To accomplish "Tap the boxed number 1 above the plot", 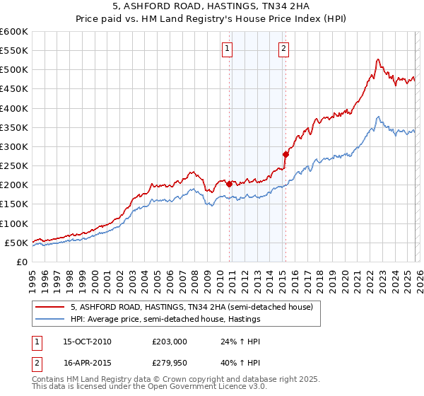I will point(228,49).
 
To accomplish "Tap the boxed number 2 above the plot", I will point(283,49).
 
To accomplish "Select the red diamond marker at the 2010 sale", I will point(229,184).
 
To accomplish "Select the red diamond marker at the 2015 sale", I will point(285,154).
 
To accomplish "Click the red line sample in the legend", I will point(51,307).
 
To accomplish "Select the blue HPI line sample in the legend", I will point(51,320).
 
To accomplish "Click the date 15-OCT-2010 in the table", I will point(87,342).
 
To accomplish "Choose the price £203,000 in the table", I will point(170,342).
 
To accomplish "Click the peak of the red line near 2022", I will point(378,59).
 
